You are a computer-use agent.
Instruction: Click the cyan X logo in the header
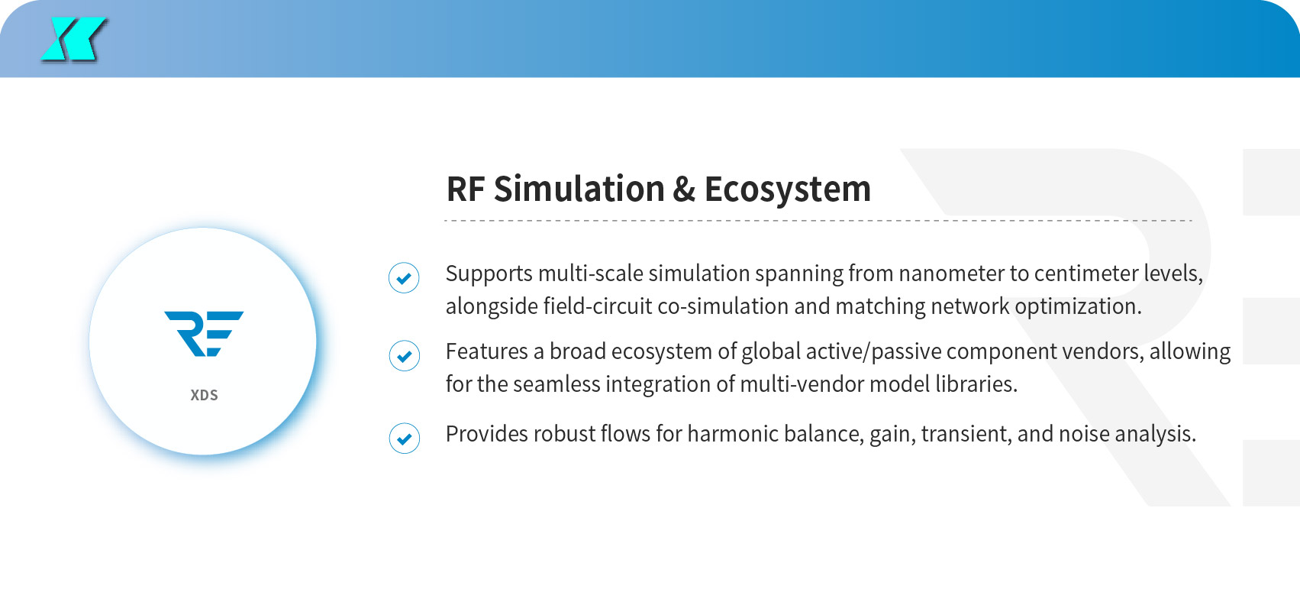click(x=74, y=39)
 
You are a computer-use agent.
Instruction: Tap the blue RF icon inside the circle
click(x=204, y=333)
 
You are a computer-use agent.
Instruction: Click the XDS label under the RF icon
click(x=205, y=395)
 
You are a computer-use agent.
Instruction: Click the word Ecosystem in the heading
click(x=788, y=190)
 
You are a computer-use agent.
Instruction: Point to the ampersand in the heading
click(x=683, y=189)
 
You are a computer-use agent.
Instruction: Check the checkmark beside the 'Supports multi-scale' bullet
click(x=404, y=277)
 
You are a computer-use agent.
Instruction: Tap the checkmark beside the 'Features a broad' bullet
click(x=404, y=355)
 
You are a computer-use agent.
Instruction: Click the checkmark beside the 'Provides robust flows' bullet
click(x=404, y=438)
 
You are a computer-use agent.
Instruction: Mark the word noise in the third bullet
click(x=1084, y=434)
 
